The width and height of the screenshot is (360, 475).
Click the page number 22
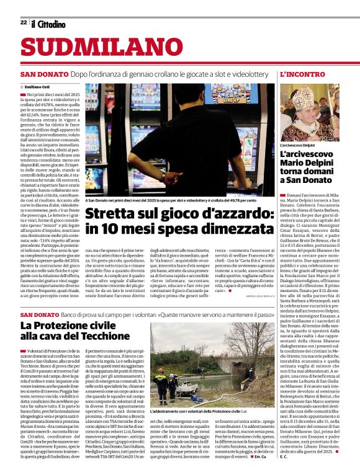coord(23,22)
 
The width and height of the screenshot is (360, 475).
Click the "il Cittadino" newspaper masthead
coord(48,24)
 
